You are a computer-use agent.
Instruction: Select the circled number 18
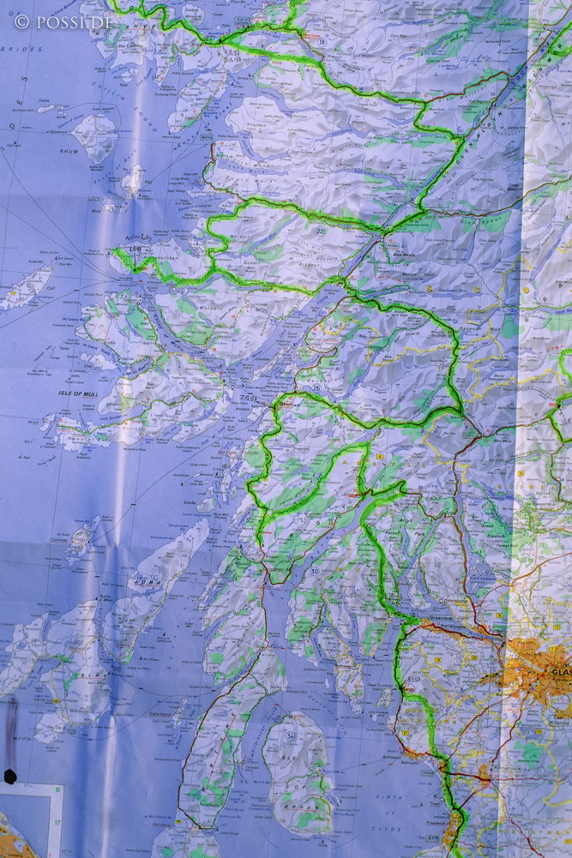(x=322, y=41)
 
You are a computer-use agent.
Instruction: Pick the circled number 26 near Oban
(x=316, y=387)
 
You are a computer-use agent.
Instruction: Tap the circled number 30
(x=315, y=571)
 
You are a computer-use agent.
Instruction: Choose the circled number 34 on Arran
(x=291, y=736)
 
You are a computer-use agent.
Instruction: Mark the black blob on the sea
(x=10, y=777)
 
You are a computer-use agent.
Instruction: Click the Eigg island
(x=134, y=180)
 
